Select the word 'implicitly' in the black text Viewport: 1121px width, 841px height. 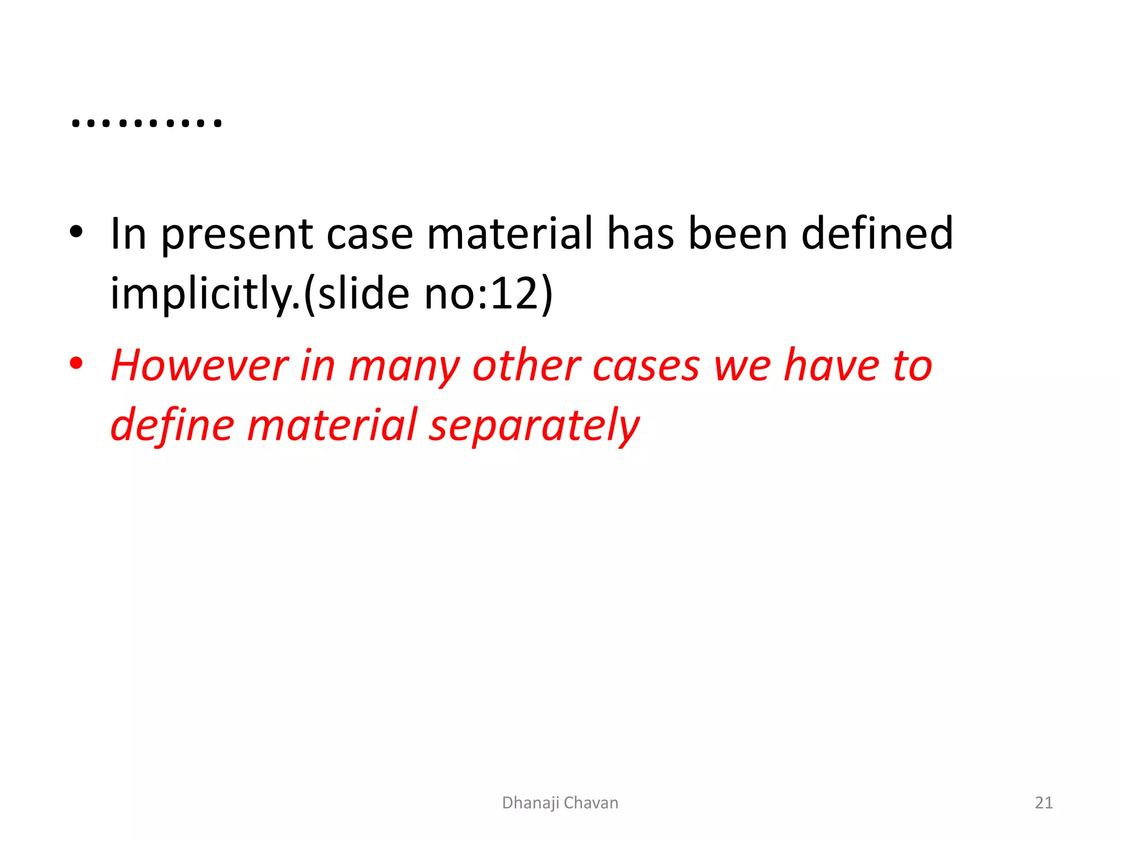click(204, 294)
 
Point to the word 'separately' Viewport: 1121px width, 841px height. click(534, 426)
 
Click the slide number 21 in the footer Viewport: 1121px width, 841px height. click(1044, 803)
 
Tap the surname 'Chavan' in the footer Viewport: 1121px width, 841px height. click(591, 803)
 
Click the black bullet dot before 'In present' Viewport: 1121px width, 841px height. click(76, 232)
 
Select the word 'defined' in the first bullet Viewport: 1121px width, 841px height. click(877, 234)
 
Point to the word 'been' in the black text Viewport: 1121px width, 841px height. click(737, 234)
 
